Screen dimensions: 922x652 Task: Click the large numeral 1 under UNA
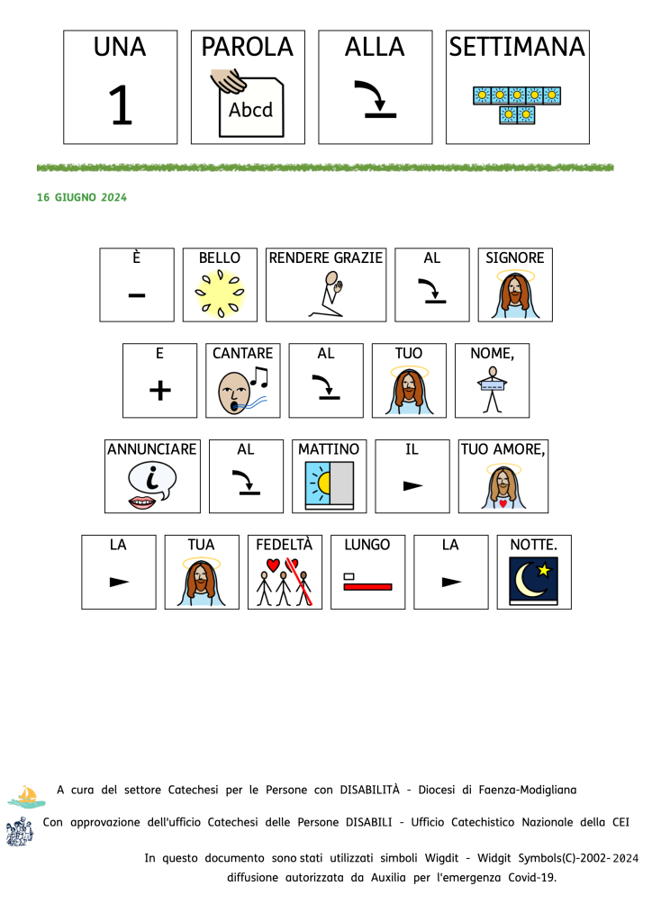pos(120,106)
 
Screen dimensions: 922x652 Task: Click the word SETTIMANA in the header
pos(517,47)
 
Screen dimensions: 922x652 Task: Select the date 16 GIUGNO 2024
pos(82,197)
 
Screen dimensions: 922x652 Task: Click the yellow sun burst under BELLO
pos(220,294)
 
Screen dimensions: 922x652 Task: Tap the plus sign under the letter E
pos(159,391)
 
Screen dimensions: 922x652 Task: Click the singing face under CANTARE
pos(241,390)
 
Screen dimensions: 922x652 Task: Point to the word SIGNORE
pos(515,258)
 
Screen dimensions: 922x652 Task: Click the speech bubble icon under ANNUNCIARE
pos(152,486)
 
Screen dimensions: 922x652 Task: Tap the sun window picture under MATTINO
pos(329,486)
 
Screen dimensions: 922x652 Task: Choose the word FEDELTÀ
pos(285,545)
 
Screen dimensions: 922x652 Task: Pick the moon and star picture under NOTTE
pos(534,582)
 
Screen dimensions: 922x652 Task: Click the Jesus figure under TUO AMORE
pos(503,487)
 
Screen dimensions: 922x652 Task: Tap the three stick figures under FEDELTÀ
pos(285,583)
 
